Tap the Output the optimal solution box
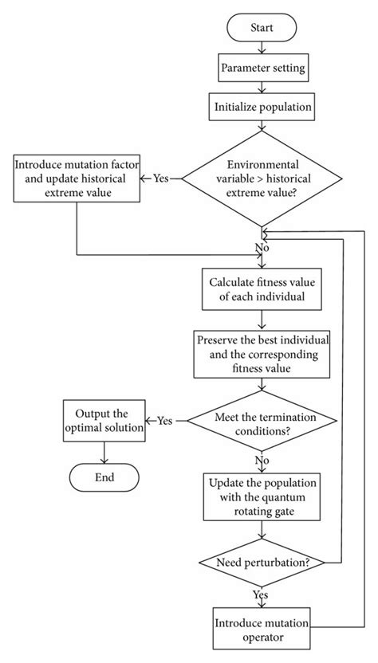pos(104,420)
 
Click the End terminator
pos(104,477)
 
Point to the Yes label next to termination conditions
pos(165,420)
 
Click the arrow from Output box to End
pos(104,451)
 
